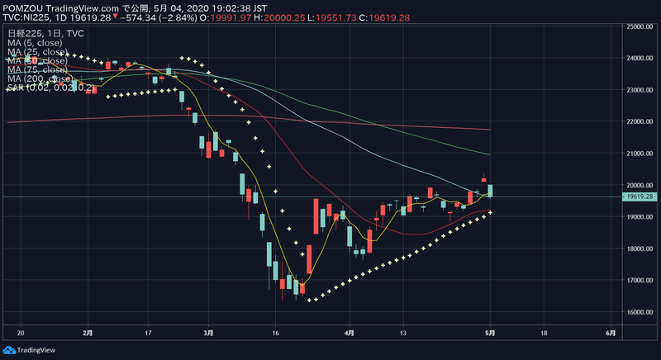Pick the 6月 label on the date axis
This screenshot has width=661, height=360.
point(609,334)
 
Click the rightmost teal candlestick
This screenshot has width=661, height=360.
point(491,191)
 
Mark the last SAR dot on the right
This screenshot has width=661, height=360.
point(491,212)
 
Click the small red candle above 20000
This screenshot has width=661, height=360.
point(484,179)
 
